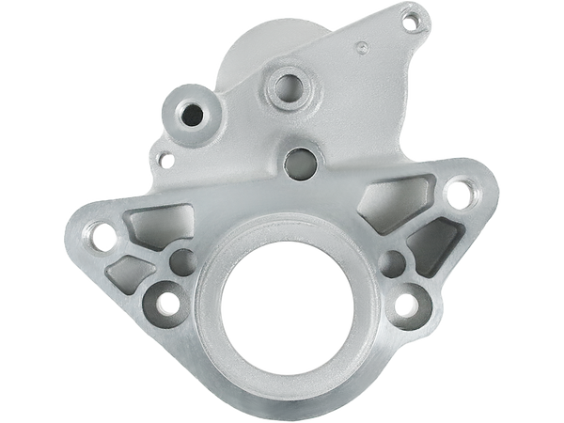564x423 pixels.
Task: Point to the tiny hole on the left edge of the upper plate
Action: (165, 158)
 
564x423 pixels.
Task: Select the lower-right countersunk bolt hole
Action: (407, 304)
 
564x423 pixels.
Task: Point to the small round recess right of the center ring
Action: (395, 259)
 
